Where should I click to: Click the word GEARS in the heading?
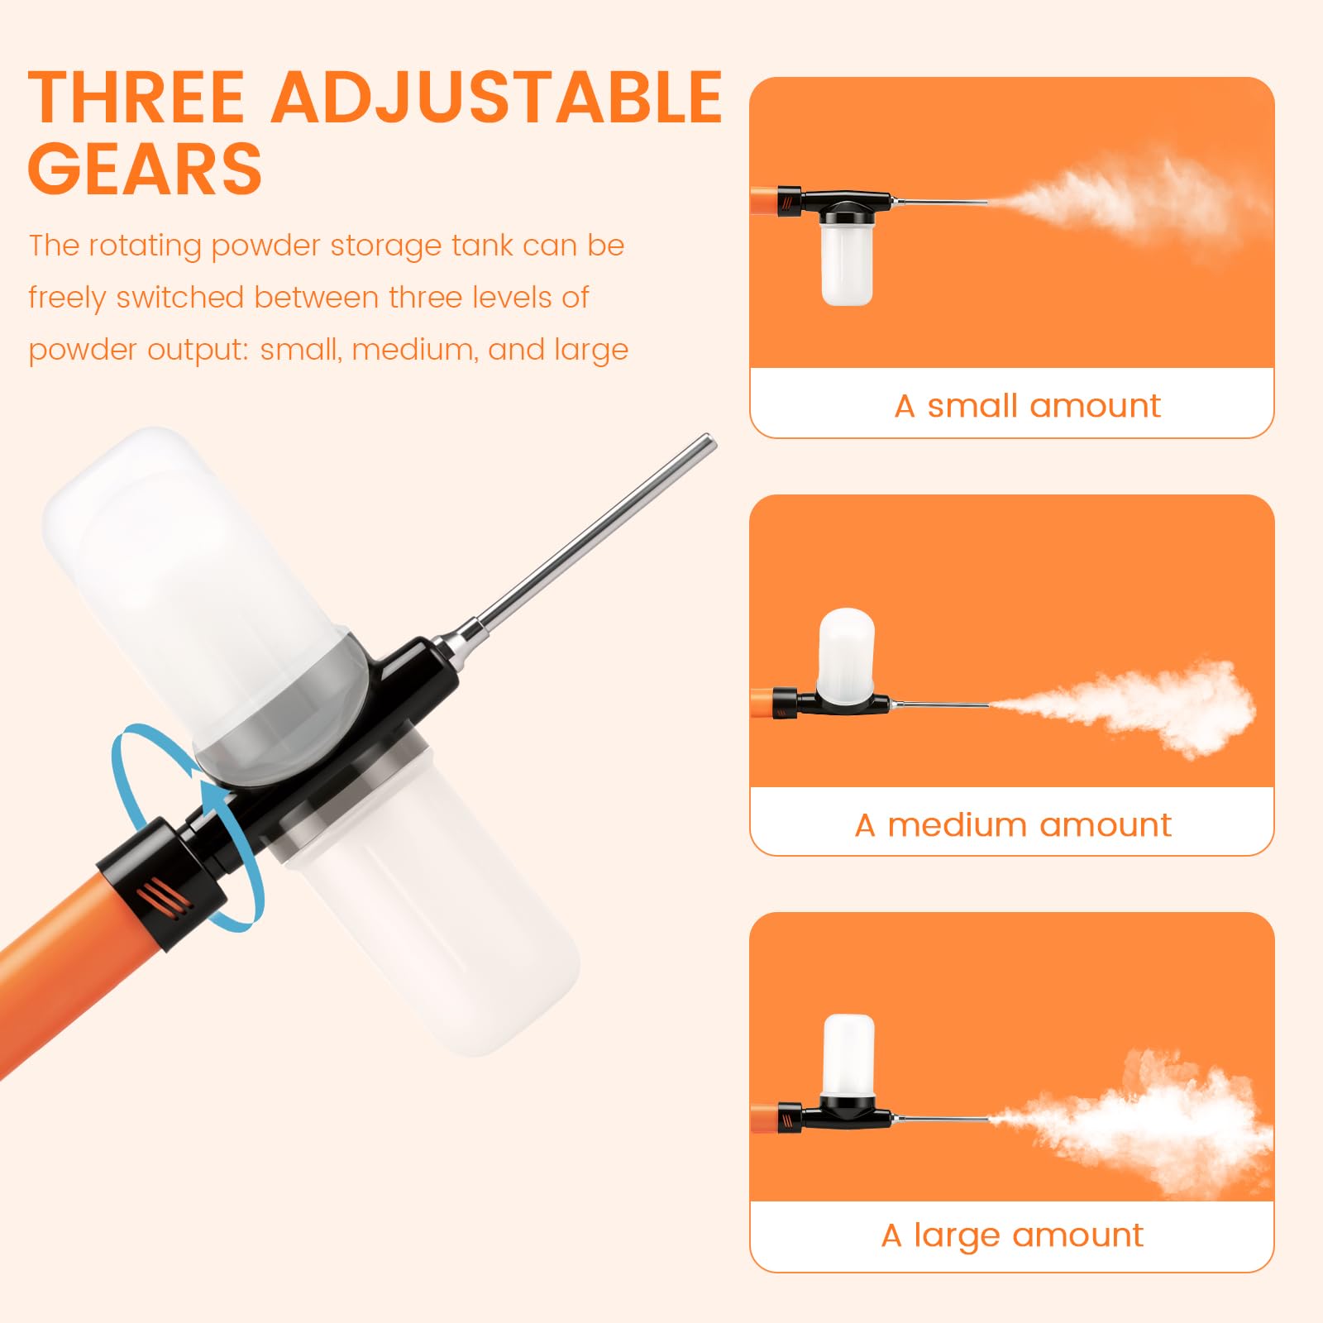(146, 169)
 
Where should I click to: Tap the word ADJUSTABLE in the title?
(498, 97)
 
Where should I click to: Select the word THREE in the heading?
(136, 97)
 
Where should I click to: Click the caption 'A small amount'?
(1027, 406)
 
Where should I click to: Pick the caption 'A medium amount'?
(1013, 824)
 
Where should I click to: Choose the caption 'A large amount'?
(1012, 1235)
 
